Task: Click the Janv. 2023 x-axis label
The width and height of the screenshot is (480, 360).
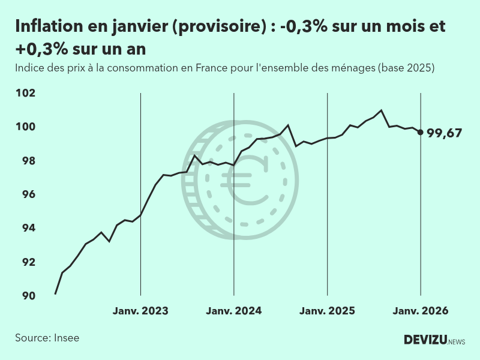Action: (140, 311)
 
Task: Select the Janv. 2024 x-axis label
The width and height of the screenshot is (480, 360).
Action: (233, 311)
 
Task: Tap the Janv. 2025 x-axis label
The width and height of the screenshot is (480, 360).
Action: (327, 311)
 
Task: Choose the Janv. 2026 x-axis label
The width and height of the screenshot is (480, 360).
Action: (420, 311)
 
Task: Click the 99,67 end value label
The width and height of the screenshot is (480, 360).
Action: (444, 133)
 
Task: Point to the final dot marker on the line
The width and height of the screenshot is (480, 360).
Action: (420, 132)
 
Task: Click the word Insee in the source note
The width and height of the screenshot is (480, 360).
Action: (66, 338)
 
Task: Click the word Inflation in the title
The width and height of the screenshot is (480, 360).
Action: (48, 28)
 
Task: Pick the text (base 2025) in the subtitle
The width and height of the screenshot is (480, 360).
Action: (406, 68)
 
